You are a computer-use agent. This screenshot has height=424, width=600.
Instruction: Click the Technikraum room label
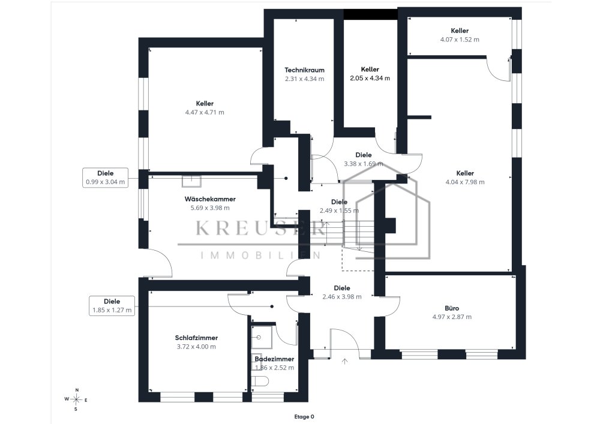[304, 70]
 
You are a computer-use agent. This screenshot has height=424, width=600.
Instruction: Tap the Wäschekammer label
[210, 199]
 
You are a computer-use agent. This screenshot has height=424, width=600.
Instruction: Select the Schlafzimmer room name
[196, 338]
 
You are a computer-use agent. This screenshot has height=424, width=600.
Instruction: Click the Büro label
[452, 308]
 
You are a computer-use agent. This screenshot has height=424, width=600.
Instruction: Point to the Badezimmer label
[274, 359]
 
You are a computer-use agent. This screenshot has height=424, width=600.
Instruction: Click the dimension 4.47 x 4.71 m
[205, 112]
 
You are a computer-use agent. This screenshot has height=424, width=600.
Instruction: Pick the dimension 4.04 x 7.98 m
[465, 182]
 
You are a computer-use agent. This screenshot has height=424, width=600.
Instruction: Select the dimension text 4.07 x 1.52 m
[460, 40]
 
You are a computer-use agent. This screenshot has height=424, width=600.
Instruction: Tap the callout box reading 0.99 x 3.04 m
[105, 178]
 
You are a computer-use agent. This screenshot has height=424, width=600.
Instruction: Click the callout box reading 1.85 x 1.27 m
[112, 306]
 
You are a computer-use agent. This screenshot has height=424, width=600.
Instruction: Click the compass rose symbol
[77, 399]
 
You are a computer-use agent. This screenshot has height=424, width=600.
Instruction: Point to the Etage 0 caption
[304, 417]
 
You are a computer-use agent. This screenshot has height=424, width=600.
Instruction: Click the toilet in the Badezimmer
[260, 381]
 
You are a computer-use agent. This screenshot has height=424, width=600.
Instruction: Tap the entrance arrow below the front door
[345, 361]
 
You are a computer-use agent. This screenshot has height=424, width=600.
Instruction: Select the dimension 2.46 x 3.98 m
[342, 297]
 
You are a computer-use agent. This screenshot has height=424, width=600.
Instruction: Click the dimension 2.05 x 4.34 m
[370, 79]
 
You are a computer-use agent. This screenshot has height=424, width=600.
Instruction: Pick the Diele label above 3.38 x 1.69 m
[364, 155]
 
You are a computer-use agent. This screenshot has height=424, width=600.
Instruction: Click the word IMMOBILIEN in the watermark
[261, 255]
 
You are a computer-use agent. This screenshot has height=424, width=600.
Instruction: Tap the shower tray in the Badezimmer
[262, 337]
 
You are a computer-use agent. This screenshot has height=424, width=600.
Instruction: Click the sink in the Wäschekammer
[191, 181]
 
